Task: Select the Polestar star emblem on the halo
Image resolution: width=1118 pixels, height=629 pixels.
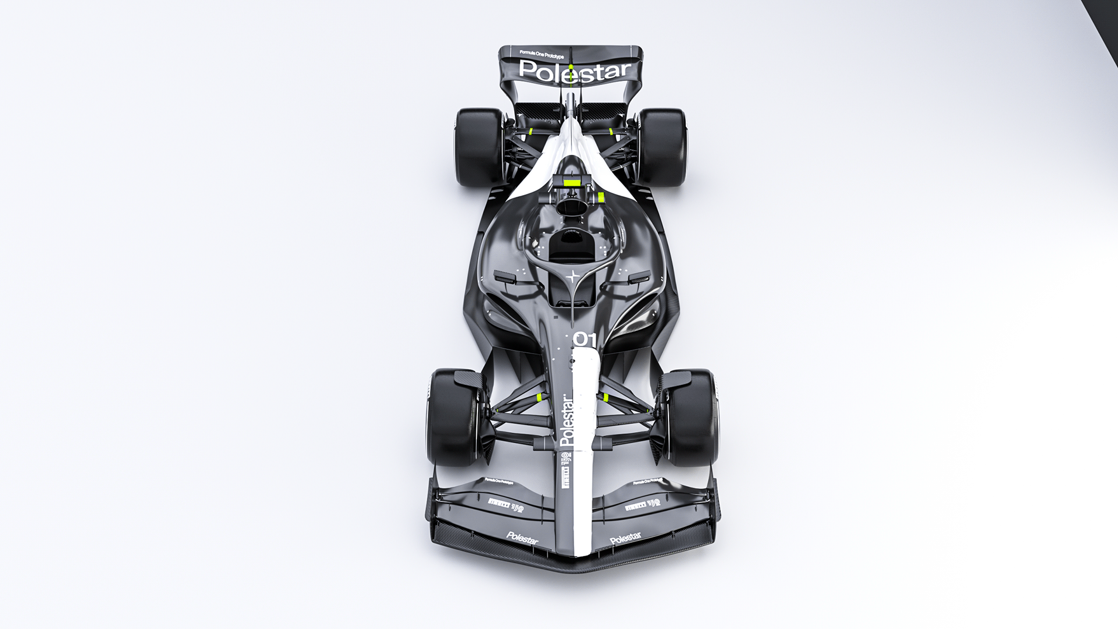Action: pyautogui.click(x=574, y=277)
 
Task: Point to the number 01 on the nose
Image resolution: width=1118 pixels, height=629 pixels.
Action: pyautogui.click(x=585, y=339)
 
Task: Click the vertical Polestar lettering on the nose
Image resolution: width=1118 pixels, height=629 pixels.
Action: pyautogui.click(x=567, y=420)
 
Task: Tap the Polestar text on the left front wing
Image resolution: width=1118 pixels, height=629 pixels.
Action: pyautogui.click(x=522, y=537)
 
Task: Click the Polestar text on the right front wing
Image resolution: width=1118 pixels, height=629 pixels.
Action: pyautogui.click(x=625, y=539)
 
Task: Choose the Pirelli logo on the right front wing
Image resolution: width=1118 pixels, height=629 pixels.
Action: pyautogui.click(x=642, y=504)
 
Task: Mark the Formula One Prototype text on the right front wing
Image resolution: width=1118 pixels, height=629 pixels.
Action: pyautogui.click(x=648, y=482)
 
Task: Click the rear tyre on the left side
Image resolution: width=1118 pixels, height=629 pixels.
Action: pyautogui.click(x=479, y=147)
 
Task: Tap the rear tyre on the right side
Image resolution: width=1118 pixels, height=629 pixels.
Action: pyautogui.click(x=663, y=147)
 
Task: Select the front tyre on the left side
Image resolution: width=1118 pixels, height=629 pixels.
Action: pyautogui.click(x=452, y=416)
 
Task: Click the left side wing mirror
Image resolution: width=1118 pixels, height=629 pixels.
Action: pyautogui.click(x=505, y=277)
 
